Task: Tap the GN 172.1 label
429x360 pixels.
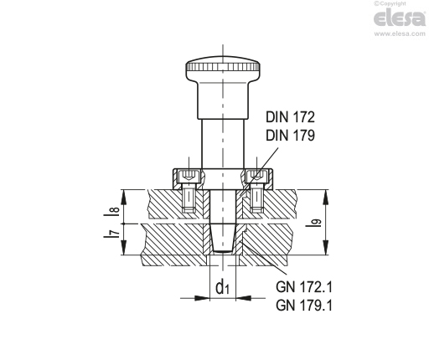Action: tap(304, 286)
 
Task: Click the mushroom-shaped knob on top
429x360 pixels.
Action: tap(222, 69)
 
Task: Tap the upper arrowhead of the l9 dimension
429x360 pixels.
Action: tap(323, 193)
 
